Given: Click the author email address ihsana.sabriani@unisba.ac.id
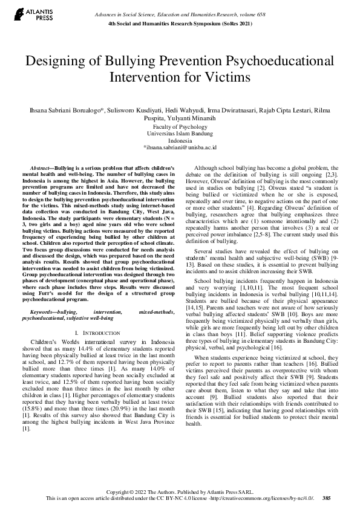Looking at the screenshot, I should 180,147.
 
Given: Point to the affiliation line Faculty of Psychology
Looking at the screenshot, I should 180,128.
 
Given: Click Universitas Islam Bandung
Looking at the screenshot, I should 180,134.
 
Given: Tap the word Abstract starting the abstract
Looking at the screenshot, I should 41,166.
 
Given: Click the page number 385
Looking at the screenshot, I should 327,498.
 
